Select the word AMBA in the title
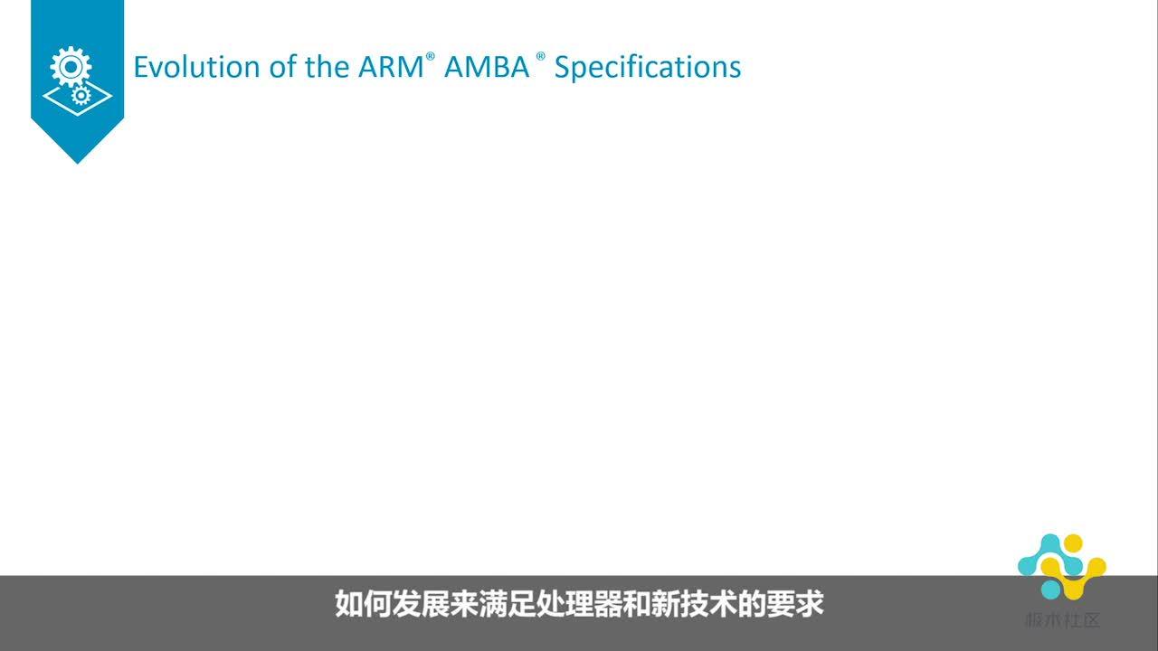[x=487, y=67]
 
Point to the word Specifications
[x=648, y=68]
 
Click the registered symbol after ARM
[x=431, y=56]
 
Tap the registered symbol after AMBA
[x=540, y=56]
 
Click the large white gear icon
[x=71, y=67]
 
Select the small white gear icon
[x=81, y=94]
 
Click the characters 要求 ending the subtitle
[x=797, y=603]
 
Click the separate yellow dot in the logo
[x=1075, y=544]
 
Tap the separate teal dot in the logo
[x=1049, y=589]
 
